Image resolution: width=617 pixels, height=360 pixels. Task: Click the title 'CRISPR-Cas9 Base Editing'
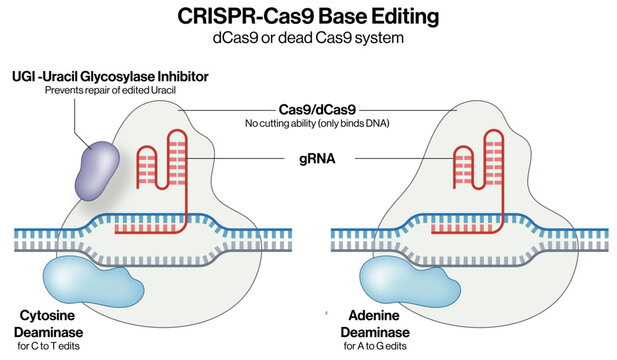308,17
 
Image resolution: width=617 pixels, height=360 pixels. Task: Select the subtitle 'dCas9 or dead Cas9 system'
308,38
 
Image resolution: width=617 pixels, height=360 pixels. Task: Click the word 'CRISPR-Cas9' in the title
233,17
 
